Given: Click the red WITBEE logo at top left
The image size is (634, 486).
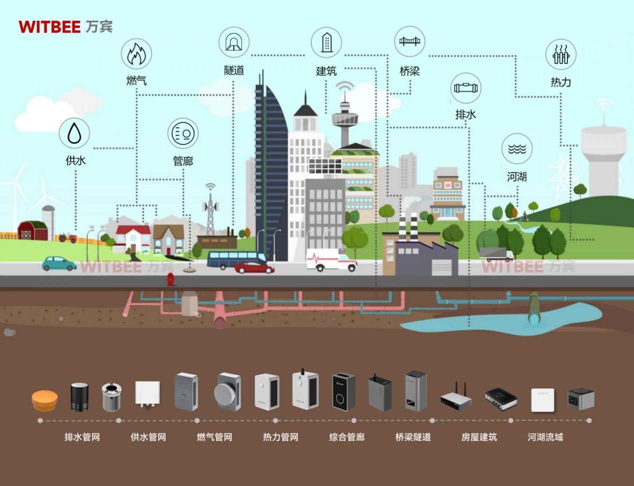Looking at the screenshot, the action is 50,27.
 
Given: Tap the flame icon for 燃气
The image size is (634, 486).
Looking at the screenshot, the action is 136,54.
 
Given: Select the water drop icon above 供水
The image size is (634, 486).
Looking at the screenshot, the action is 74,133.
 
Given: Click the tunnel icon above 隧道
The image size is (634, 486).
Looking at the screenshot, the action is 234,42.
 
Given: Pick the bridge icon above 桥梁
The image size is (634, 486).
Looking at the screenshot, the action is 410,41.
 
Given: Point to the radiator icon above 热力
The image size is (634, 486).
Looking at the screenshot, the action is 561,54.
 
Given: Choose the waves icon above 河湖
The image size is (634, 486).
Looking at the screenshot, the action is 517,148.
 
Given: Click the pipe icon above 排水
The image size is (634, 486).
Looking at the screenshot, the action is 466,88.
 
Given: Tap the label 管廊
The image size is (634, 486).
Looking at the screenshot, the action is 183,161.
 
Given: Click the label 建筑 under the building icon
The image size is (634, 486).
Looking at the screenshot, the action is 326,71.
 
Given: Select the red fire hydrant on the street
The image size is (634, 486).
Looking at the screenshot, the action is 170,279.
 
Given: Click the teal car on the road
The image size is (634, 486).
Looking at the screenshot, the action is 59,263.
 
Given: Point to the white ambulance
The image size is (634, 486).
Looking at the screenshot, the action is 331,260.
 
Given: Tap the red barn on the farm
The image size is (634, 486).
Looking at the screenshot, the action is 33,230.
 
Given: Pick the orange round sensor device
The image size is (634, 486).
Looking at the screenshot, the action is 45,400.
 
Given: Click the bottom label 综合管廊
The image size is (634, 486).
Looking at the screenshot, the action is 347,437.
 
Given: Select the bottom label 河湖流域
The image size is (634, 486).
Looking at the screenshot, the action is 545,437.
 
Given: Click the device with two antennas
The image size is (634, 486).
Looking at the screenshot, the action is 456,396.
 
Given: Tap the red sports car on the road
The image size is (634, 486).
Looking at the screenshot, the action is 254,267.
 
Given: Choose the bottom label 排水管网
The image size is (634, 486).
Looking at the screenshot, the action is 82,437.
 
